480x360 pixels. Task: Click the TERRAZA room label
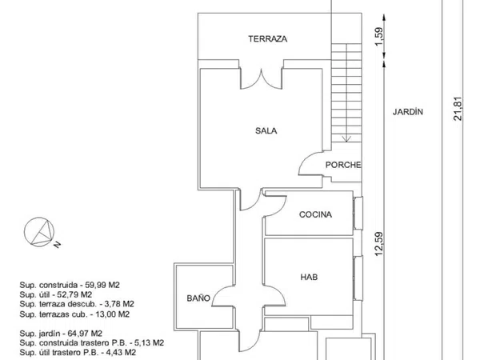click(x=268, y=39)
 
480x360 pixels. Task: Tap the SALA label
click(x=266, y=130)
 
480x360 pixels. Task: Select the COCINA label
click(x=315, y=214)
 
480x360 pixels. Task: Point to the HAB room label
click(x=309, y=277)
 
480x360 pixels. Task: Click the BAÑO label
click(x=198, y=298)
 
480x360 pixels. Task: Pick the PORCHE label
click(x=343, y=165)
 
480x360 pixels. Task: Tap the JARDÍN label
click(x=408, y=112)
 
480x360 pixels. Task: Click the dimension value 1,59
click(x=379, y=37)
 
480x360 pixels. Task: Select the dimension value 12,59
click(x=379, y=244)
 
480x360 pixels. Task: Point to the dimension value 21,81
click(x=458, y=109)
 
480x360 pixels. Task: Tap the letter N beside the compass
click(x=58, y=244)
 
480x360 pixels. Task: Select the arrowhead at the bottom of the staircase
click(x=346, y=139)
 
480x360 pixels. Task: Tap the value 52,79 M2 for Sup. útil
click(x=74, y=294)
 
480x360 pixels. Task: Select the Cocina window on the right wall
click(x=358, y=213)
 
